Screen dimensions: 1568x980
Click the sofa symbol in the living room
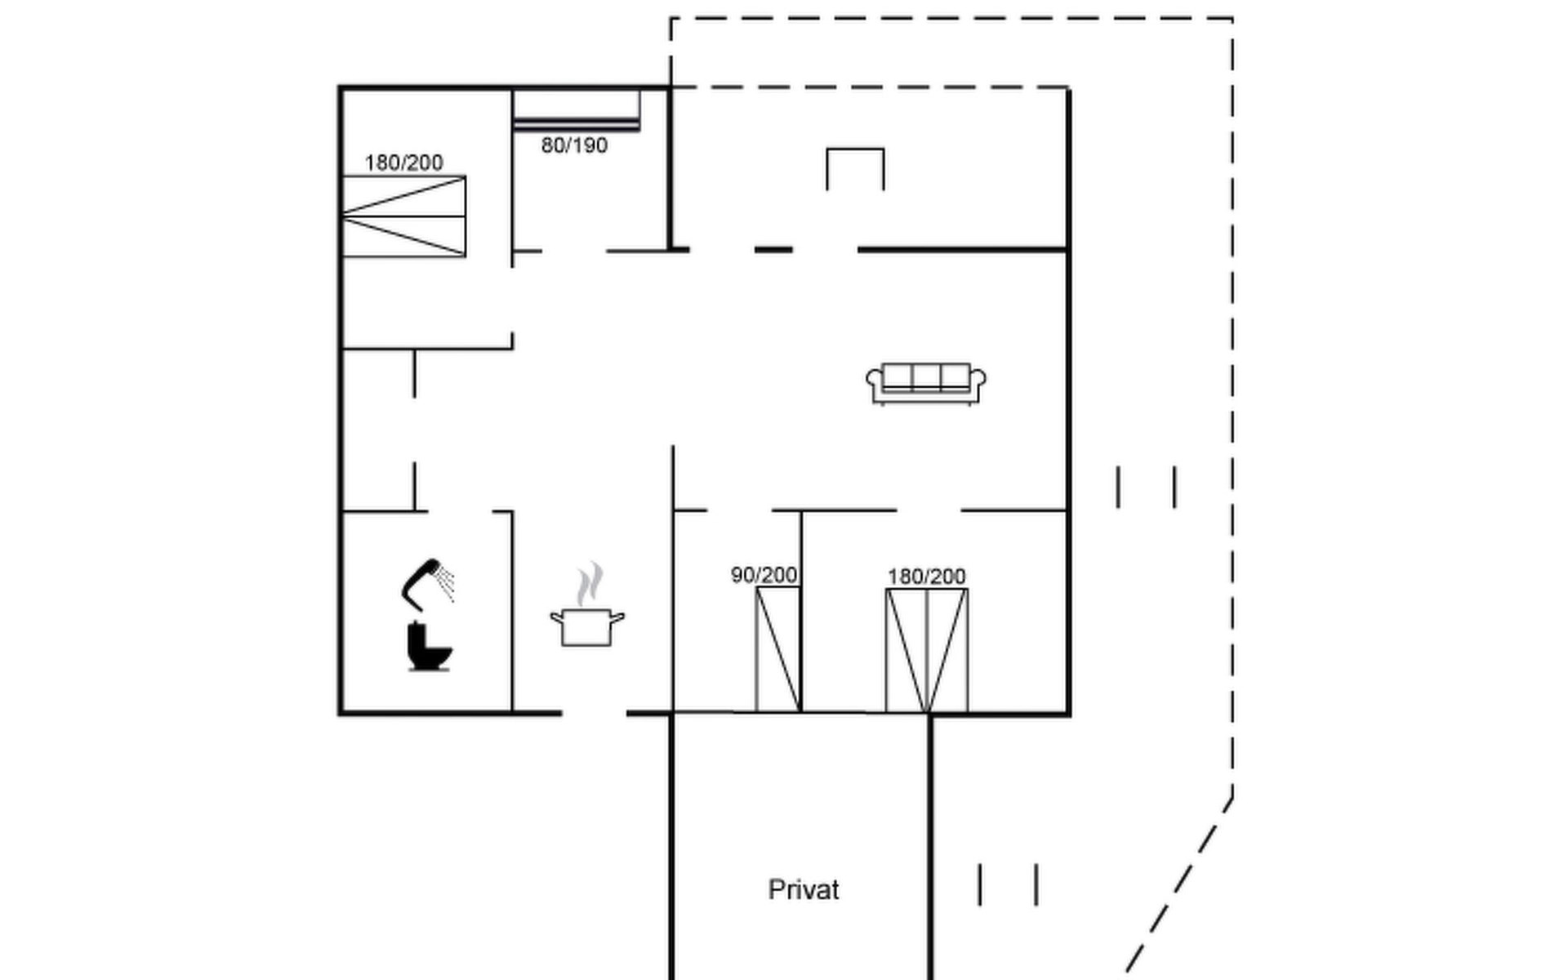coord(926,384)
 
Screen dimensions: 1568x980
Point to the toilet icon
coord(429,647)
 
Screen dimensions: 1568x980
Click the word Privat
coord(804,889)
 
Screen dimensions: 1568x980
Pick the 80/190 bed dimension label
coord(574,145)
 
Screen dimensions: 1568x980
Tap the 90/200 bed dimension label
coord(764,575)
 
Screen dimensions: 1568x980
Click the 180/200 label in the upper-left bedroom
coord(403,163)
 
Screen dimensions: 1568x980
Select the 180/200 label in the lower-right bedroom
coord(926,577)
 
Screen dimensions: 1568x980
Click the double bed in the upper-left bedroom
coord(403,216)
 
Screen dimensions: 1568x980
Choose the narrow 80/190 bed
coord(576,110)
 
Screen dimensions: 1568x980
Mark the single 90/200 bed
coord(777,649)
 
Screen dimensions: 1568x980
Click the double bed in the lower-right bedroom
coord(927,650)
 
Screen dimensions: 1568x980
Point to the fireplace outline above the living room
coord(855,149)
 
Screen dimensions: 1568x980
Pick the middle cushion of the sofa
coord(926,376)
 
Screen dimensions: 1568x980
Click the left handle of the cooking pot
coord(557,617)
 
